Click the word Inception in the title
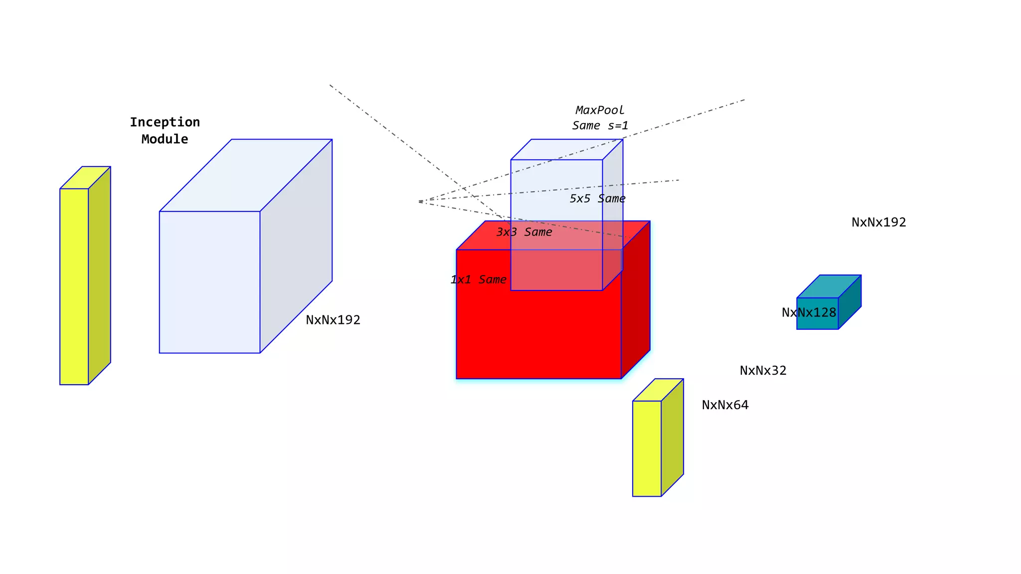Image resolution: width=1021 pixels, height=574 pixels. [x=165, y=122]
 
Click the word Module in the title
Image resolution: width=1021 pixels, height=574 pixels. [x=165, y=139]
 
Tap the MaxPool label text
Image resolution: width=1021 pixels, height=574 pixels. [x=600, y=110]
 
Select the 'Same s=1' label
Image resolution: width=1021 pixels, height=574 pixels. [x=600, y=126]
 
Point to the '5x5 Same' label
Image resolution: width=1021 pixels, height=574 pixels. [x=597, y=199]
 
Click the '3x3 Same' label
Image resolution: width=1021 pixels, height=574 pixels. [x=524, y=232]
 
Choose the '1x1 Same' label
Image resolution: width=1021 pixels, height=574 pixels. [x=478, y=280]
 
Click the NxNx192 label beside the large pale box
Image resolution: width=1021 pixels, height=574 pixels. [x=333, y=320]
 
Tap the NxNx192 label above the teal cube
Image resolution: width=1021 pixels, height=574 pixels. [x=878, y=222]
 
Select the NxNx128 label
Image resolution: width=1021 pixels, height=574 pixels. [x=809, y=312]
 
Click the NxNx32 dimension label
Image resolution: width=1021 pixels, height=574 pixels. [x=763, y=371]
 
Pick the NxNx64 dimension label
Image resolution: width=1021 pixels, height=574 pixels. [x=725, y=405]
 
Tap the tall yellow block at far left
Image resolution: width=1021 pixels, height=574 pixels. [x=74, y=287]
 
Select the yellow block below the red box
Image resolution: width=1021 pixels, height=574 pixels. [x=647, y=448]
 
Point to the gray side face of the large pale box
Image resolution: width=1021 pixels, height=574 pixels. [x=296, y=247]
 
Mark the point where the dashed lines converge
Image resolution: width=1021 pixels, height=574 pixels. [x=420, y=201]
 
